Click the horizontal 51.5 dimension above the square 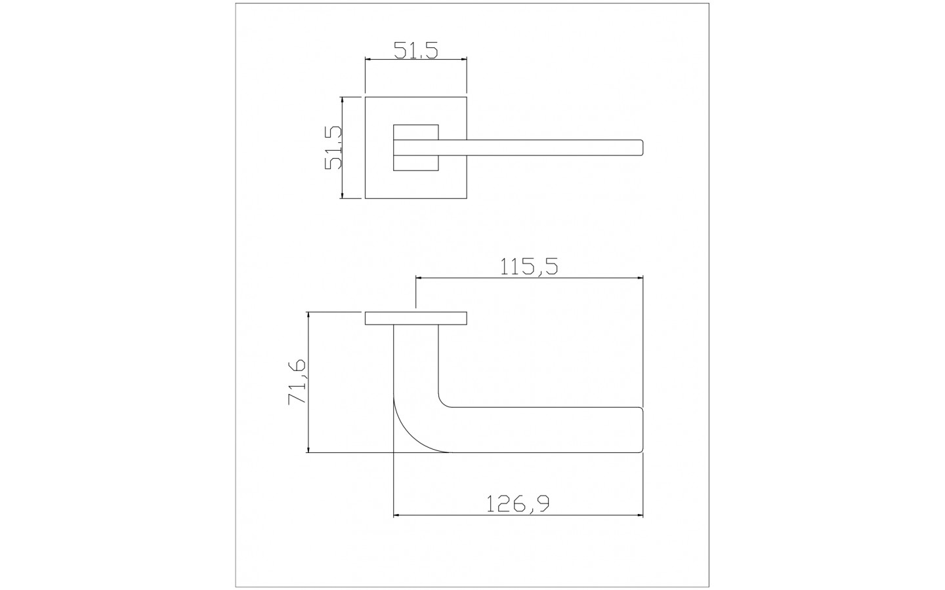(x=416, y=50)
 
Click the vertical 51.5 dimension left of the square (x=333, y=147)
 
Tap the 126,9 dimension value (x=518, y=503)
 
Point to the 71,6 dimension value (x=297, y=382)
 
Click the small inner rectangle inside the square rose (x=416, y=147)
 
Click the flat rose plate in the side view (x=416, y=319)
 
